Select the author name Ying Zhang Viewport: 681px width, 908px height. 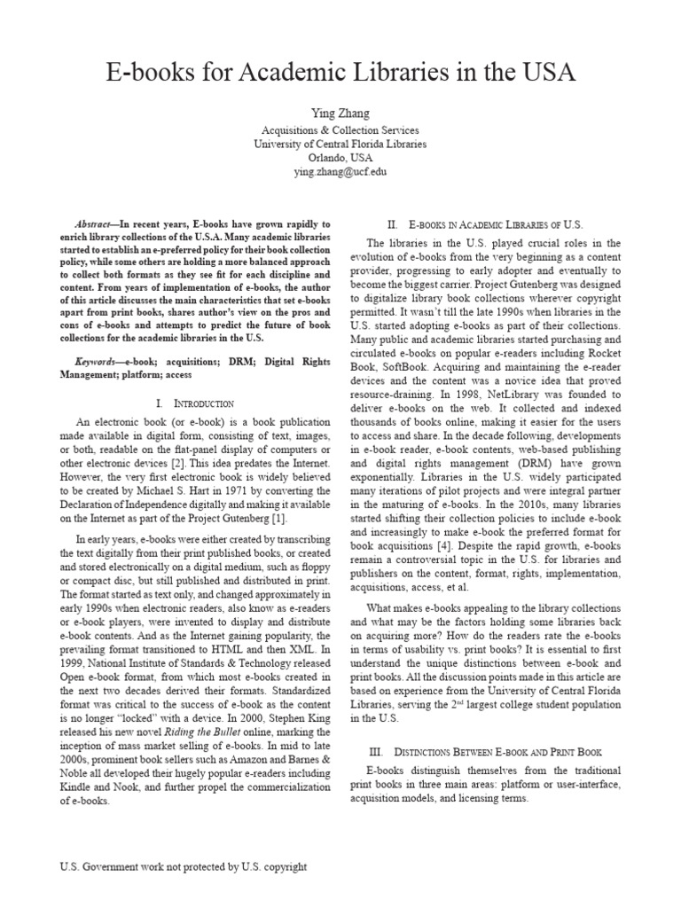coord(340,114)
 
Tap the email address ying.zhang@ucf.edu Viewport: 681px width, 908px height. coord(340,171)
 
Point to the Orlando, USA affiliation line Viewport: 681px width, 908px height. coord(340,157)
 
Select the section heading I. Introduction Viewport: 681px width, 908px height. coord(194,403)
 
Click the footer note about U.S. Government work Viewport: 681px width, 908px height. coord(183,866)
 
